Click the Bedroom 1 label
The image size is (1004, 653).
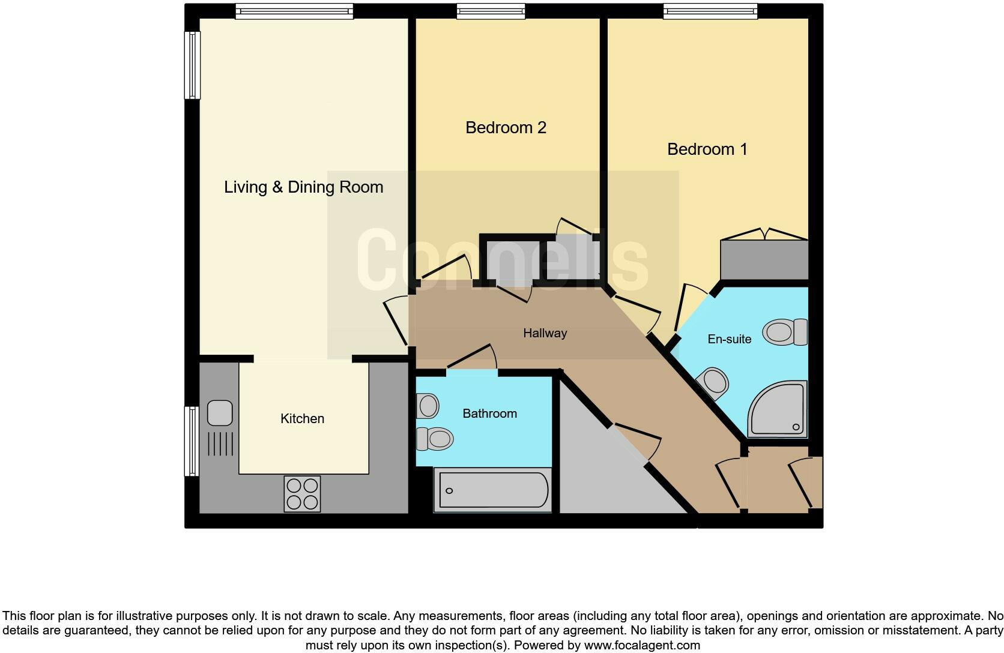(707, 149)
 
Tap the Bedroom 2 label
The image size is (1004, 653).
(506, 127)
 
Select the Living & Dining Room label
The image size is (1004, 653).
(303, 187)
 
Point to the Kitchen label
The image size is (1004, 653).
(302, 418)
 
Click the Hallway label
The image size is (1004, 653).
(545, 333)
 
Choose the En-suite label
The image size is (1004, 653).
(729, 339)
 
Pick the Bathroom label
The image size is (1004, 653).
(489, 414)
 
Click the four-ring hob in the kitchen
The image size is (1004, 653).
(302, 493)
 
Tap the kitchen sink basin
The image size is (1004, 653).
(220, 413)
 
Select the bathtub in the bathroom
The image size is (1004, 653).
(493, 490)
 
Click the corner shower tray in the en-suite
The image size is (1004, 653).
(777, 409)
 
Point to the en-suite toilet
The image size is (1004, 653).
(785, 332)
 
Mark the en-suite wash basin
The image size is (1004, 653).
(713, 382)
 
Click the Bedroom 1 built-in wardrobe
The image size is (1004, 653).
(764, 259)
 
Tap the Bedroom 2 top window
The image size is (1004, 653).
(491, 11)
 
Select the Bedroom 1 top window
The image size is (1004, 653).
(710, 11)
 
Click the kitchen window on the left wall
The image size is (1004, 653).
(192, 441)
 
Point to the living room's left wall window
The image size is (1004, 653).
(192, 65)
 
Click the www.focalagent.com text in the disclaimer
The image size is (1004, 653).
(641, 646)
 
